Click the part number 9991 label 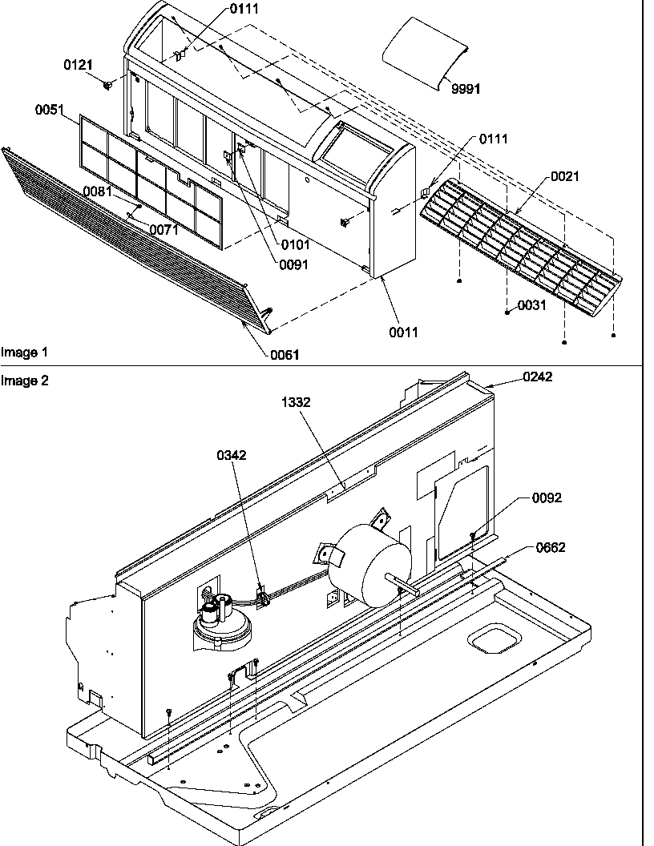(465, 89)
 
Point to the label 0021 (564, 176)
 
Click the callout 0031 (532, 305)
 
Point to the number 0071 (165, 230)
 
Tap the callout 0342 (231, 455)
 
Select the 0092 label (547, 498)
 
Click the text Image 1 (24, 352)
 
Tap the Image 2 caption (24, 381)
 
